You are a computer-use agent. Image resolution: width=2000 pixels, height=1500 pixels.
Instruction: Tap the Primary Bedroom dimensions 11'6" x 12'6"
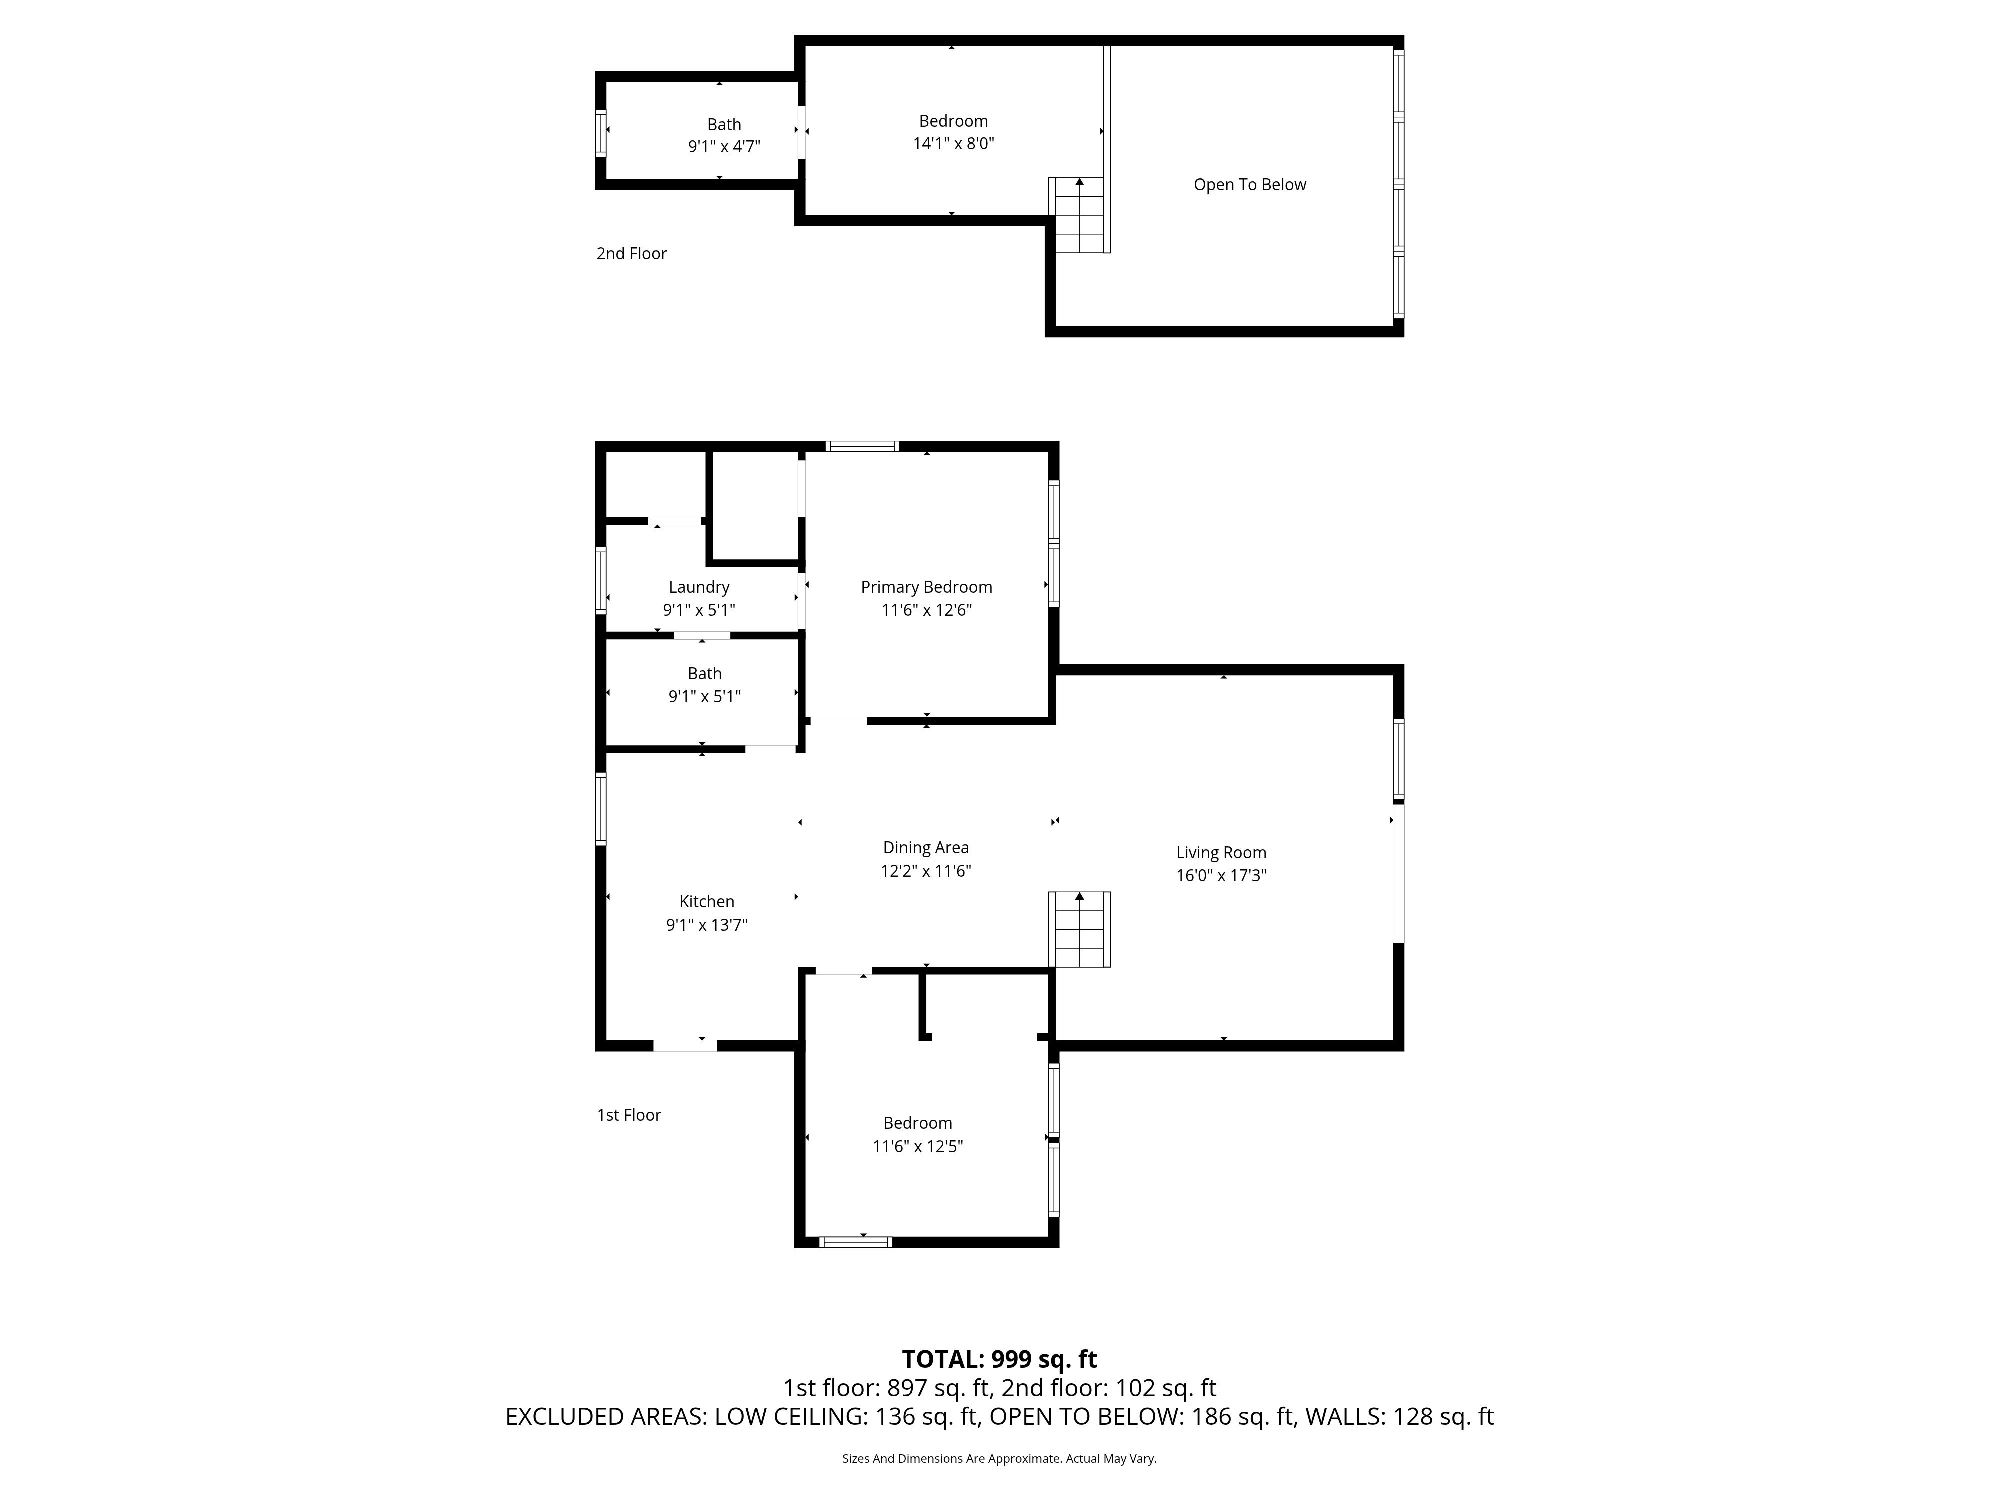[x=927, y=610]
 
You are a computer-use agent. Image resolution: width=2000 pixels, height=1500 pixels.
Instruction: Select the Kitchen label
[x=707, y=901]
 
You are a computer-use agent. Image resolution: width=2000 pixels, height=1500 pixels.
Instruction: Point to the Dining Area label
[x=926, y=848]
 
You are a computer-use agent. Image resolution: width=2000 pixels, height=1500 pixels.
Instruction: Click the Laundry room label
[x=699, y=587]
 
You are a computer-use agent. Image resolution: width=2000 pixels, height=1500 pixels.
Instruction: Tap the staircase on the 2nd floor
[x=1079, y=215]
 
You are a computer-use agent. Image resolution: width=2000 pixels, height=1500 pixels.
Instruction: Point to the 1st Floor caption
[x=629, y=1115]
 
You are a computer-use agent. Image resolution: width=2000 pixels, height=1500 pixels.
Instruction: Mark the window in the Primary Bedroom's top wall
[x=862, y=446]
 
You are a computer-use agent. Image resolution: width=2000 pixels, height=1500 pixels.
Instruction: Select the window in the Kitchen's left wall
[x=600, y=809]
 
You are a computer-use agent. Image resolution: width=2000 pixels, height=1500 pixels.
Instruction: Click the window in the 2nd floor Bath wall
[x=600, y=133]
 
